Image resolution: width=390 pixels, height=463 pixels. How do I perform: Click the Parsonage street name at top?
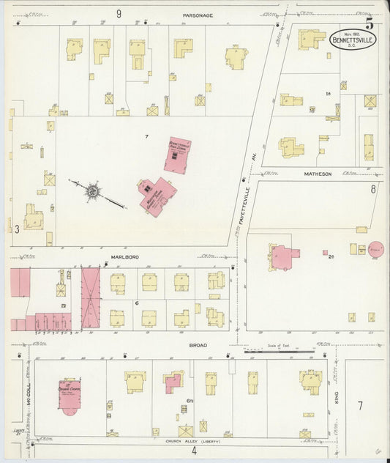click(198, 14)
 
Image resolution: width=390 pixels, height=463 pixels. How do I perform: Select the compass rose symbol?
click(93, 191)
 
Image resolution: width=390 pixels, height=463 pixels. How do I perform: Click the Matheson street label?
click(318, 174)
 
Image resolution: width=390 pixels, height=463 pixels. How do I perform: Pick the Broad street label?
click(198, 345)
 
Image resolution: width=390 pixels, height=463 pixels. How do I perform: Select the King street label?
click(337, 396)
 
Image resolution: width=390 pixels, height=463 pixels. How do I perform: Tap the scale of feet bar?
click(280, 351)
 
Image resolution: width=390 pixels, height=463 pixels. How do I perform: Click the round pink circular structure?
click(376, 250)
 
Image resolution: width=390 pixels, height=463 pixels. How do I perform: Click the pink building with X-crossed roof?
click(91, 297)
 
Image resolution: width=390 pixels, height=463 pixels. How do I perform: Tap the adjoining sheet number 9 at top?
click(118, 13)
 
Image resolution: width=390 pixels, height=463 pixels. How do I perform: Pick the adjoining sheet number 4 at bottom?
click(194, 451)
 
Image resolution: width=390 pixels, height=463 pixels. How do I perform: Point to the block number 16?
click(329, 94)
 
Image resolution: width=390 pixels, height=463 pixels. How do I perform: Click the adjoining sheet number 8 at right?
click(373, 189)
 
